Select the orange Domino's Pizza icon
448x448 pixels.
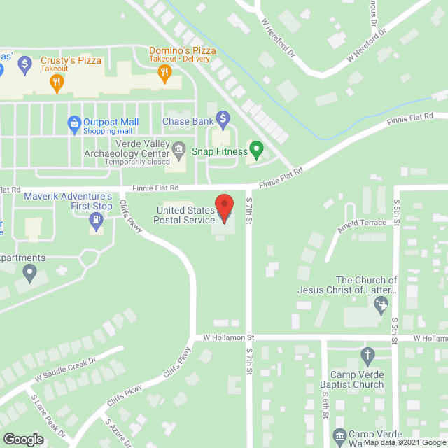pyautogui.click(x=164, y=73)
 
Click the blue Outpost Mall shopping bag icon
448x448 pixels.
pyautogui.click(x=73, y=124)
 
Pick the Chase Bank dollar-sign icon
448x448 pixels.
pyautogui.click(x=223, y=118)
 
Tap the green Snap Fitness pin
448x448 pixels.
pyautogui.click(x=257, y=148)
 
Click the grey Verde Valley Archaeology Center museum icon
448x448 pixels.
pyautogui.click(x=179, y=148)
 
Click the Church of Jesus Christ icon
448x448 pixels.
pyautogui.click(x=381, y=304)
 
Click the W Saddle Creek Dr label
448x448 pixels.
pyautogui.click(x=65, y=370)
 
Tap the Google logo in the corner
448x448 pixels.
pyautogui.click(x=24, y=439)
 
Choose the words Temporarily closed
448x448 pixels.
pyautogui.click(x=137, y=162)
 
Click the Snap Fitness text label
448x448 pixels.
pyautogui.click(x=220, y=151)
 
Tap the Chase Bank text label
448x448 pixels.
pyautogui.click(x=188, y=122)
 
